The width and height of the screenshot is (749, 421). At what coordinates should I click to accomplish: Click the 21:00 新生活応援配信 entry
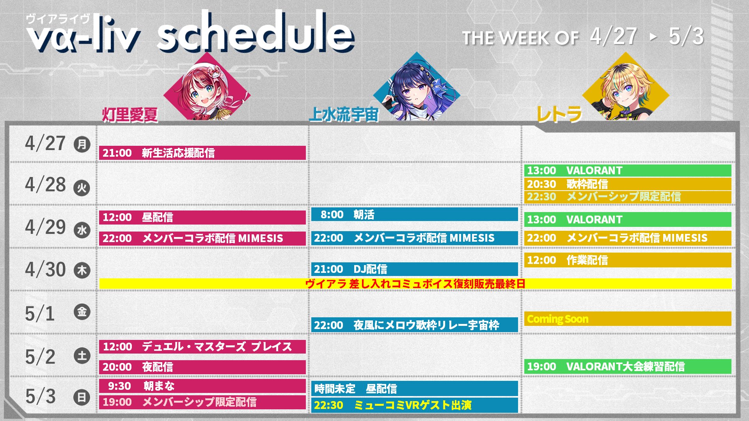(202, 153)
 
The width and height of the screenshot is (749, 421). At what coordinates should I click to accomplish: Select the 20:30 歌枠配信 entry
(628, 184)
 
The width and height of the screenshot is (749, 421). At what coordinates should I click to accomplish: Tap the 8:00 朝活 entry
(415, 214)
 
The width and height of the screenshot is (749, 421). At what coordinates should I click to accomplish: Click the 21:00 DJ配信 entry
(415, 269)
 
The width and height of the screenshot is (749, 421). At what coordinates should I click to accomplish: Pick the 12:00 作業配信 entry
(628, 260)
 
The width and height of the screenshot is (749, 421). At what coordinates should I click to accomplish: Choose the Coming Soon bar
(628, 319)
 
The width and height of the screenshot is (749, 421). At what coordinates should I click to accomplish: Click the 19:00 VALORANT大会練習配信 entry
(628, 366)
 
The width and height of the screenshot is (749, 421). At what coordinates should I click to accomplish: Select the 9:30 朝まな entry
(202, 386)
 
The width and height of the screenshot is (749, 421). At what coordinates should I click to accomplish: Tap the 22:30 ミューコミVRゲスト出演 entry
(415, 405)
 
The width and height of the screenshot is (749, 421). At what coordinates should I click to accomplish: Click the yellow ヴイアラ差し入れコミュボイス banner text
(415, 284)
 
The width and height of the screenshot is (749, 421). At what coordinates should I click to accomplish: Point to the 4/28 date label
(45, 184)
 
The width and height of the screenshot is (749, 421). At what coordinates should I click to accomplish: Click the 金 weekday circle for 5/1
(82, 312)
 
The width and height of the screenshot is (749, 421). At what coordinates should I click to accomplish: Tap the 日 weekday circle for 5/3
(82, 397)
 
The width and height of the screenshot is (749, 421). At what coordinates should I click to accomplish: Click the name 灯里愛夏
(130, 115)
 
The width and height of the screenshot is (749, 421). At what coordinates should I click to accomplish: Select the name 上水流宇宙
(344, 115)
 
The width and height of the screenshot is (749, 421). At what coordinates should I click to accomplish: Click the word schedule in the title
(256, 32)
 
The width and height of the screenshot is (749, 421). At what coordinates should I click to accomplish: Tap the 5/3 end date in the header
(686, 37)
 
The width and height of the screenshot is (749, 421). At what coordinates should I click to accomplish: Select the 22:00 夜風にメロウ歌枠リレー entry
(415, 325)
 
